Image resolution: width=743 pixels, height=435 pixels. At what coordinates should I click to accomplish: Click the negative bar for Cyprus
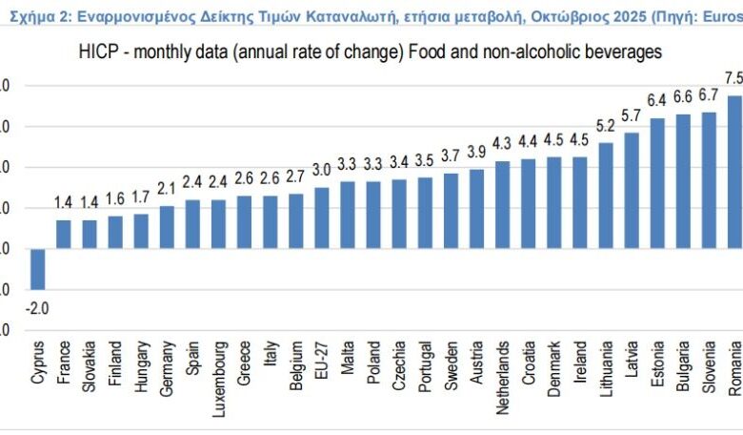(37, 269)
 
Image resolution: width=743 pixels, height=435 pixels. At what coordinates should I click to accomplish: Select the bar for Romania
(733, 172)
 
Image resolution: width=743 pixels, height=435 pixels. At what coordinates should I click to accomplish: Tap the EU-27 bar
(322, 217)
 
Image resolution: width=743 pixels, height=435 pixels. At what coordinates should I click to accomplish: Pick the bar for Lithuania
(605, 196)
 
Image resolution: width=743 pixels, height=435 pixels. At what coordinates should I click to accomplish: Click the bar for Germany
(167, 227)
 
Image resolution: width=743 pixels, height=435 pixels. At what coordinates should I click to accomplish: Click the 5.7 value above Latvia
(632, 115)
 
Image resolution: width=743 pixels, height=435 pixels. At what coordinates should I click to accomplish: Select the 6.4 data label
(657, 100)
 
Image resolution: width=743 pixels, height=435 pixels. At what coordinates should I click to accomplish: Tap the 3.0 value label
(322, 170)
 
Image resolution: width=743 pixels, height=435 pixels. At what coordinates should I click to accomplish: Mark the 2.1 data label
(167, 189)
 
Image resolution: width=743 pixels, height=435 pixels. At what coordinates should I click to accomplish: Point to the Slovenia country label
(709, 366)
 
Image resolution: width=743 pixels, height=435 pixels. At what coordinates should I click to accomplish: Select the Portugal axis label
(425, 368)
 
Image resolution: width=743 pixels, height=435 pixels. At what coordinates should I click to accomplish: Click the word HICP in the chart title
(98, 52)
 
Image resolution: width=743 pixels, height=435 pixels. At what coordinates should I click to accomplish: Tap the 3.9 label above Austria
(476, 152)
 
